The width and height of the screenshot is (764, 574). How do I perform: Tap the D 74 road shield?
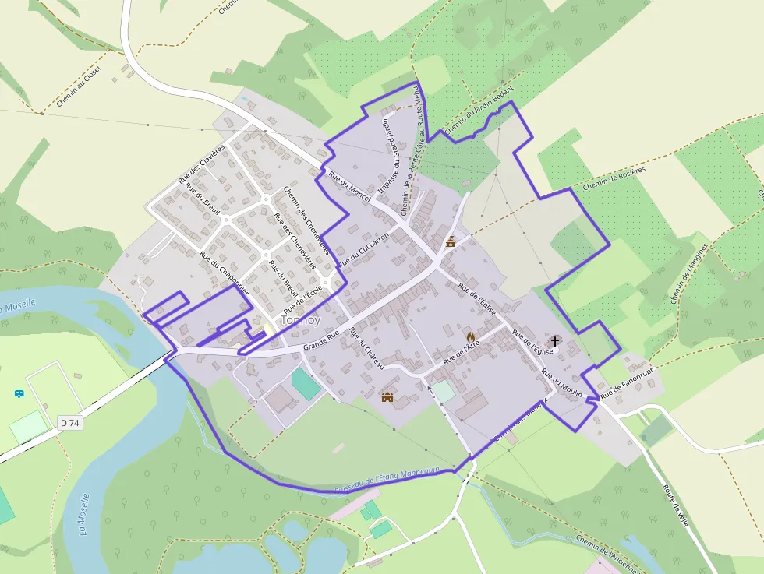pos(69,423)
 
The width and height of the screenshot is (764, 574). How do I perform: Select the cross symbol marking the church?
pos(555,340)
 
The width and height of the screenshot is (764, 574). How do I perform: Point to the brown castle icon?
pos(387,396)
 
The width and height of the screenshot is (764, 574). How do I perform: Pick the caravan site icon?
pos(19,393)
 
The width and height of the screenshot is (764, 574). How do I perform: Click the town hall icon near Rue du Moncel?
pos(450,241)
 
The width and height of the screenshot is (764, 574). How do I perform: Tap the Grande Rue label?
pos(322,340)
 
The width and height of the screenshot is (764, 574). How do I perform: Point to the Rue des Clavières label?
pos(201,164)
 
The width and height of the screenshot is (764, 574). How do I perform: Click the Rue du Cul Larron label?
pos(363,254)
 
